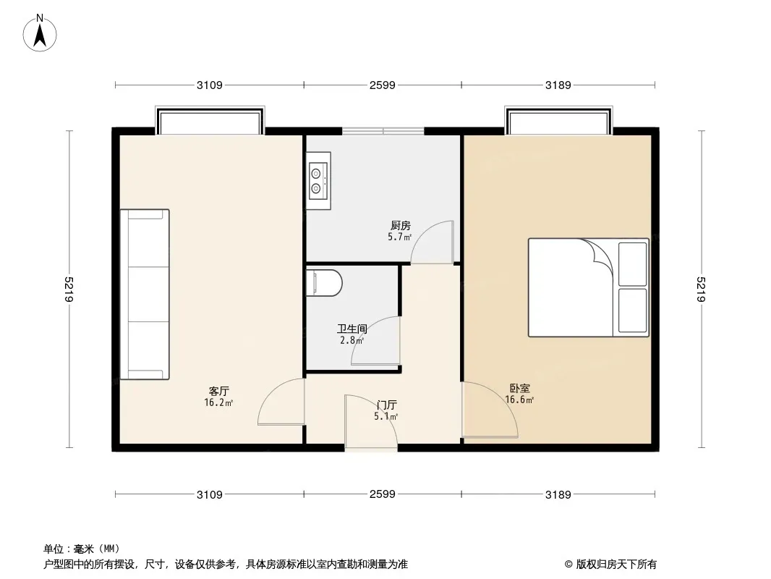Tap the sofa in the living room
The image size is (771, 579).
[x=145, y=295]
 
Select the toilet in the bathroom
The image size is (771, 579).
[x=323, y=282]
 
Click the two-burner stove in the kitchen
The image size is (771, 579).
[x=318, y=180]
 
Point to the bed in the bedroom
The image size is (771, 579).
[x=588, y=287]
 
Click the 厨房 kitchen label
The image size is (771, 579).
[x=400, y=225]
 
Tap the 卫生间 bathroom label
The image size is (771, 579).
[x=352, y=329]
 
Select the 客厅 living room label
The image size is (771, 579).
[x=218, y=391]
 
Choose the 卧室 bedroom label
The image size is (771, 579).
[x=518, y=389]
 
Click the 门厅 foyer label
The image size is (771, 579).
[x=386, y=405]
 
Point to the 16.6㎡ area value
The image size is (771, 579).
[x=519, y=400]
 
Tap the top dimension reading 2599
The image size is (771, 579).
[x=382, y=85]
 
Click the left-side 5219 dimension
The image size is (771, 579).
[x=69, y=290]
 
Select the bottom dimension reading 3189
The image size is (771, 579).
[x=558, y=495]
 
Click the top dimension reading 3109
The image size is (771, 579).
[x=209, y=85]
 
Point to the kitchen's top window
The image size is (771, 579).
[x=383, y=132]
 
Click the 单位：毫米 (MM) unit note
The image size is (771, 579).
[x=82, y=549]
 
